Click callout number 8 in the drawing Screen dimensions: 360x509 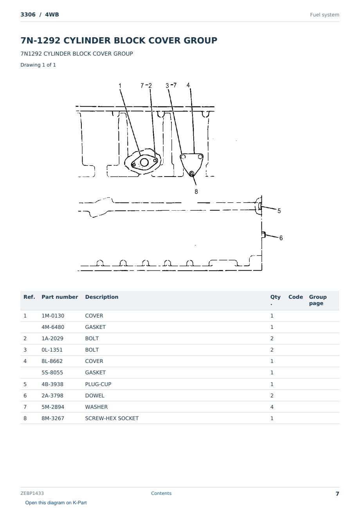click(x=196, y=191)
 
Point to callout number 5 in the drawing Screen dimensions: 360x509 click(x=279, y=211)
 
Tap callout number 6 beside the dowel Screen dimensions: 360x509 click(x=281, y=238)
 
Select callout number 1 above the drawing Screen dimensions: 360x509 click(x=120, y=86)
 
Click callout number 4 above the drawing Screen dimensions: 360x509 click(x=188, y=85)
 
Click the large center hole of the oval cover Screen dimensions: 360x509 click(x=144, y=162)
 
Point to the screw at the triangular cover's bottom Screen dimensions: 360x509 click(x=192, y=174)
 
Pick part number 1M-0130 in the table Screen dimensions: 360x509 click(x=53, y=316)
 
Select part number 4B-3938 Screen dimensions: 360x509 click(x=53, y=384)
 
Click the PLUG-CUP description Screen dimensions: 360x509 click(x=98, y=384)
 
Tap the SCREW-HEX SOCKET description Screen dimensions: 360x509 click(x=112, y=418)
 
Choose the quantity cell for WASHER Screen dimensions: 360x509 click(x=272, y=407)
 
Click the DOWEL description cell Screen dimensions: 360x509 click(x=95, y=395)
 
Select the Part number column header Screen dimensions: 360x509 click(x=60, y=297)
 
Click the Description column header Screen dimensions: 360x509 click(x=102, y=297)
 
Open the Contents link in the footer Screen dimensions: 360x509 click(x=161, y=493)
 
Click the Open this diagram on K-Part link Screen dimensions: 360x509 click(x=56, y=503)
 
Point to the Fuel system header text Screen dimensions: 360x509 click(x=324, y=15)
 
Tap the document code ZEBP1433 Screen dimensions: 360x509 click(x=32, y=493)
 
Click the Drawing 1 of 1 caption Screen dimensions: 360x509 click(x=38, y=65)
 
